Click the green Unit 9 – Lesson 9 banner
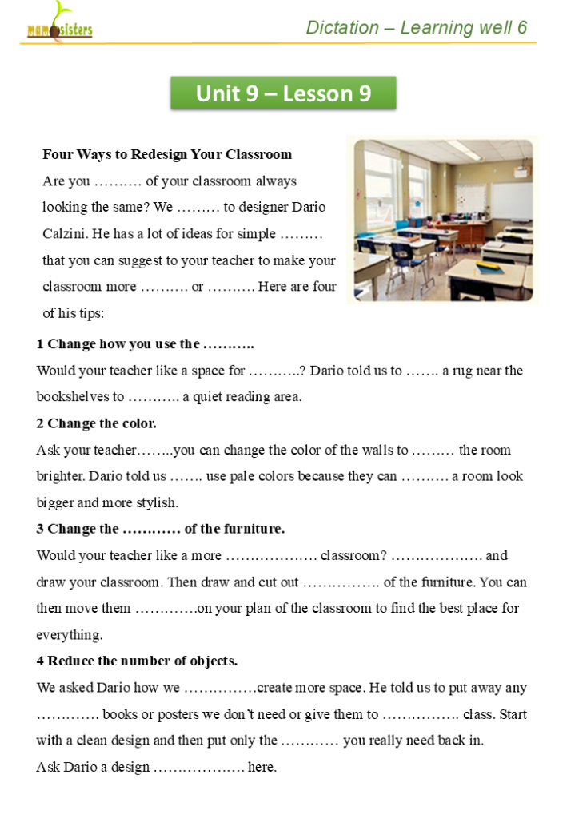point(283,93)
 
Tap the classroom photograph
point(443,220)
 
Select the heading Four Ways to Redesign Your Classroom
point(167,154)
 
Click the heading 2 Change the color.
point(97,423)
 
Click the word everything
point(69,635)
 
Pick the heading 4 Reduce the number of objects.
point(137,661)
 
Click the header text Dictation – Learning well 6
point(417,28)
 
